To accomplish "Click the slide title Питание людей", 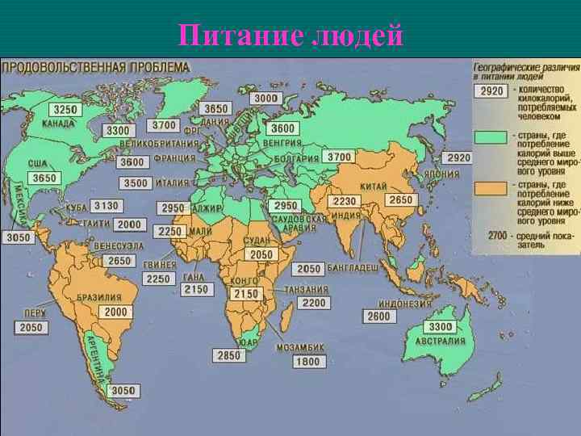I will coord(290,36).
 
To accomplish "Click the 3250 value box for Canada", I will coord(65,110).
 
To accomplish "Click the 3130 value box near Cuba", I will coord(107,206).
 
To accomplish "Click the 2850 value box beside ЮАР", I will coord(230,355).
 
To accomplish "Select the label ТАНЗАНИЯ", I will coord(311,289).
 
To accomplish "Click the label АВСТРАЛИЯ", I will coord(441,341).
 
